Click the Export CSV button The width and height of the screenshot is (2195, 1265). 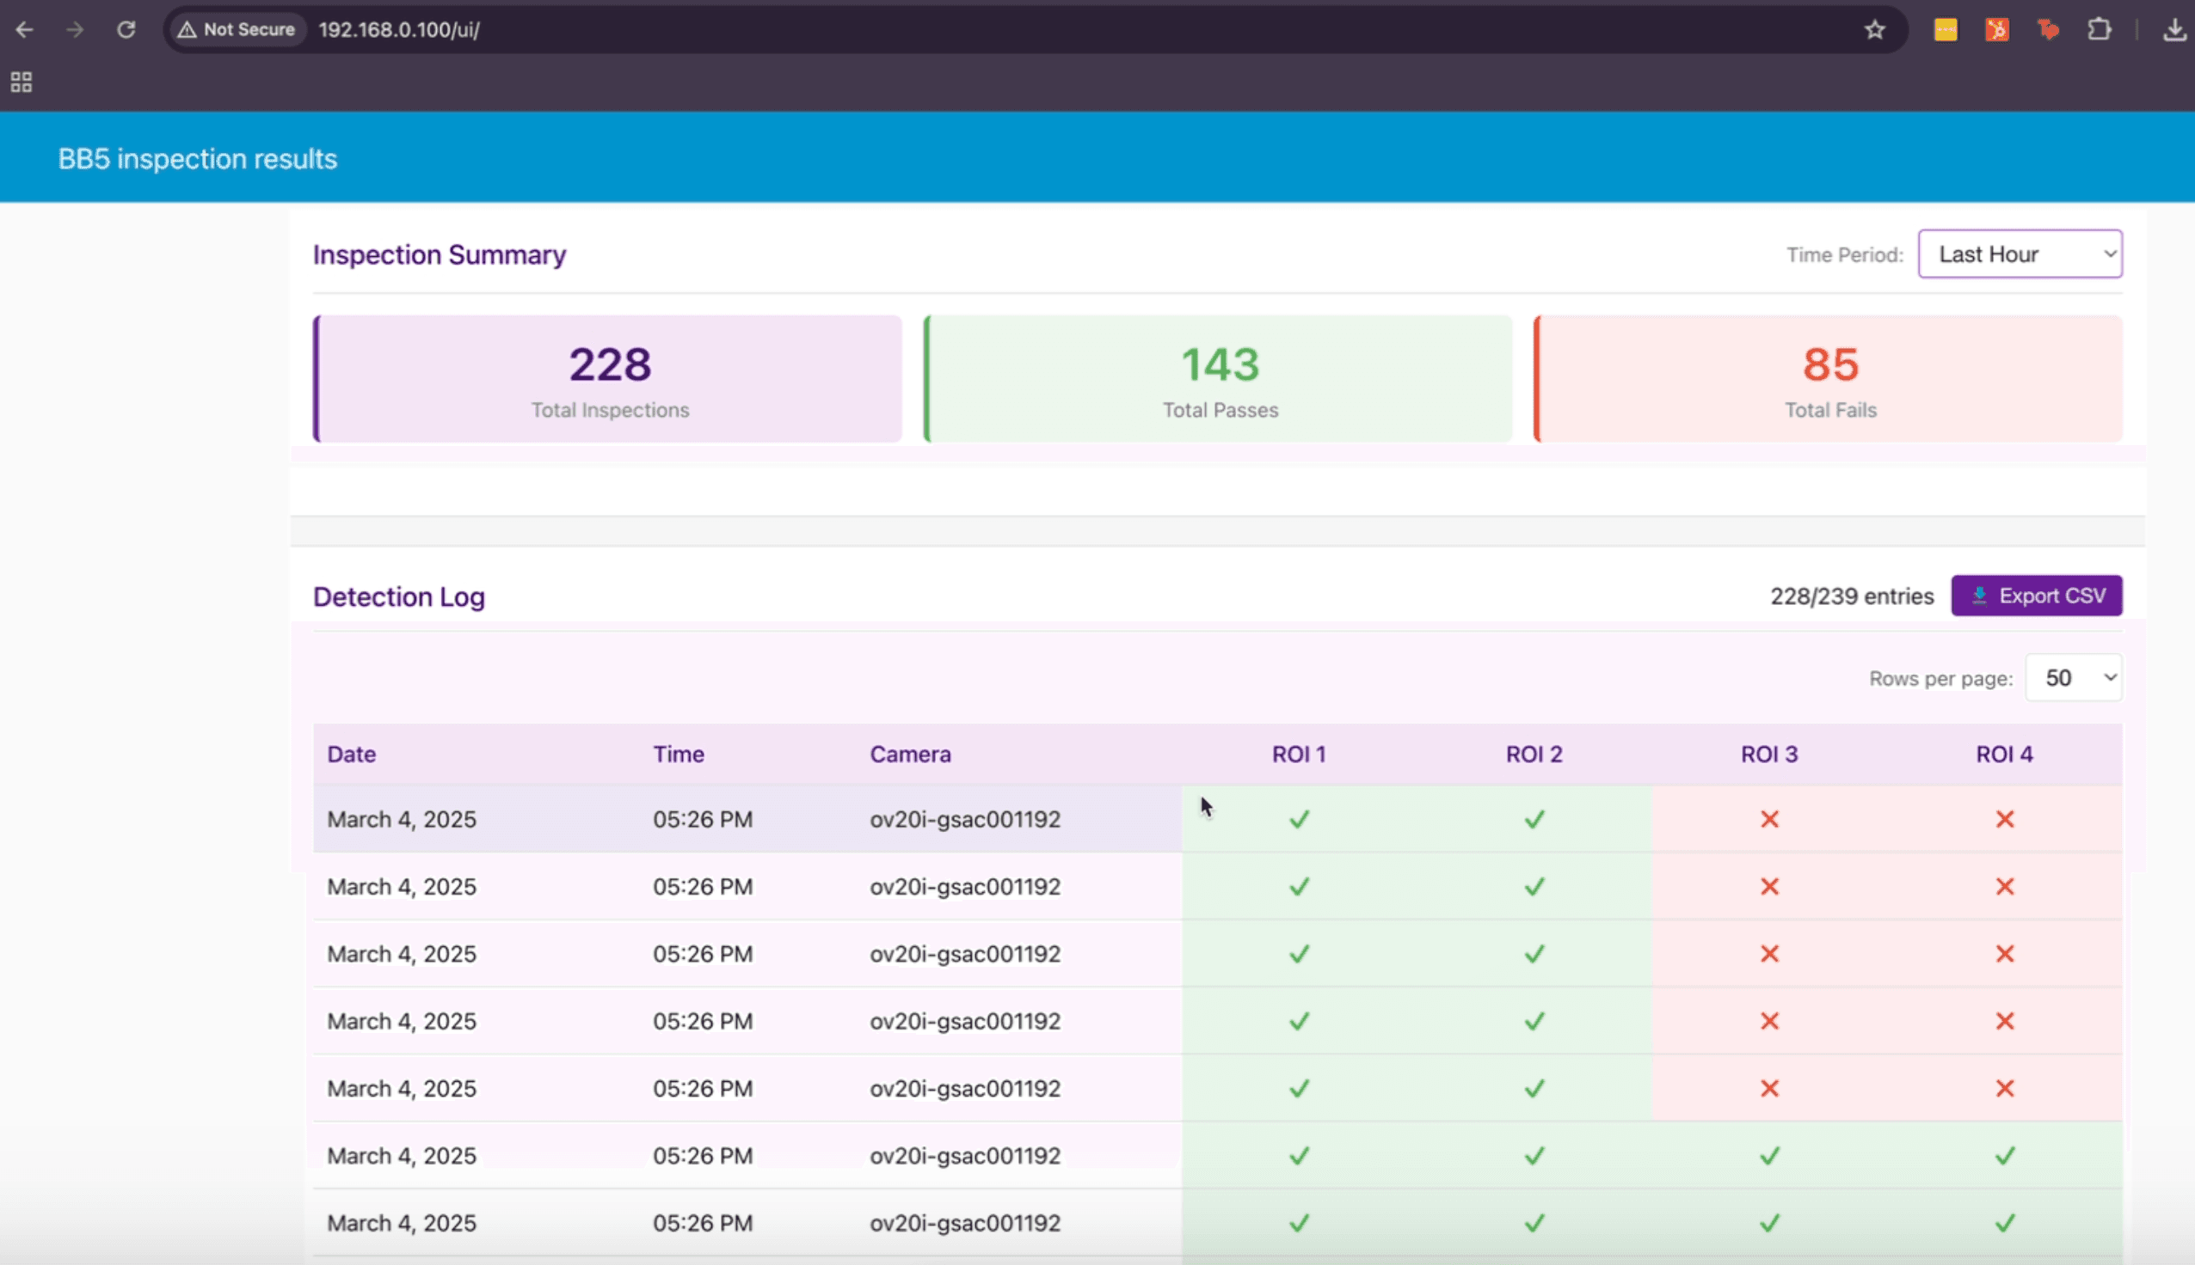[x=2036, y=596]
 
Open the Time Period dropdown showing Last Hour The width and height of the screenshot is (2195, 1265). [x=2020, y=254]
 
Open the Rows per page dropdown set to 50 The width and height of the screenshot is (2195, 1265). [x=2074, y=678]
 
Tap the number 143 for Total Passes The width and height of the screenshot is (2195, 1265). [x=1220, y=365]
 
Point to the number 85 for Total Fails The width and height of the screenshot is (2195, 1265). [x=1830, y=365]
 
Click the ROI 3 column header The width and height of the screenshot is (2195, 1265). [x=1769, y=755]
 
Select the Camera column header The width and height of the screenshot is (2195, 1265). [x=910, y=755]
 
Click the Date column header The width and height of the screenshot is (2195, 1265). [x=351, y=755]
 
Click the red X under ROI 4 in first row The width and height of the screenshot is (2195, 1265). [x=2005, y=819]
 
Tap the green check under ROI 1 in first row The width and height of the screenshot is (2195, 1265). [x=1299, y=819]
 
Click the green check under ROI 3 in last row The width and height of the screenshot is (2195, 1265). [x=1769, y=1223]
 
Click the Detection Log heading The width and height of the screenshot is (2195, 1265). [x=399, y=597]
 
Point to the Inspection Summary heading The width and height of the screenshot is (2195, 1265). [x=439, y=254]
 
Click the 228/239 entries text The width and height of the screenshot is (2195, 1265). [x=1852, y=596]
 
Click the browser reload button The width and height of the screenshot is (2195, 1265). [x=126, y=29]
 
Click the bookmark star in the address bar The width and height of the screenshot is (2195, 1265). [x=1874, y=29]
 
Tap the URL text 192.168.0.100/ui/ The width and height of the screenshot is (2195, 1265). [x=399, y=29]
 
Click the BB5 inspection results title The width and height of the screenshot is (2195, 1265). [x=197, y=159]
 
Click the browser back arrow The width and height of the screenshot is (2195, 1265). [x=24, y=29]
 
